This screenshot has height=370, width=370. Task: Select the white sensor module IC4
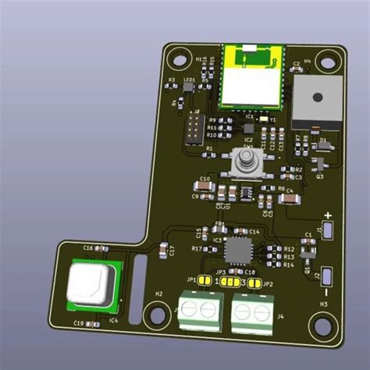[x=92, y=283]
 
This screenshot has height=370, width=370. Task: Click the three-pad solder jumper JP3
[x=229, y=282]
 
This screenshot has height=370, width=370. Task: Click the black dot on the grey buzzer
[x=316, y=98]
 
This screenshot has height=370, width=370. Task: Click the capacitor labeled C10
[x=205, y=187]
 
